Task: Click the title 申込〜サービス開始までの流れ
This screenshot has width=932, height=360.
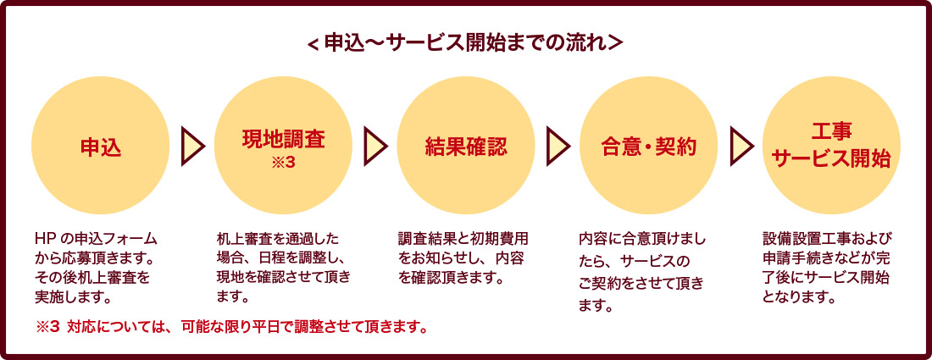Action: [x=465, y=42]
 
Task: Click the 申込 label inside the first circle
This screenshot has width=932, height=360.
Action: [x=100, y=147]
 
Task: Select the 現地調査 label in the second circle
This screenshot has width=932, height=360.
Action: [x=283, y=139]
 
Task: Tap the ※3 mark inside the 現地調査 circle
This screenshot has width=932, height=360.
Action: [x=283, y=162]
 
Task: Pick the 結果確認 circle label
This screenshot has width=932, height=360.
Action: [x=466, y=147]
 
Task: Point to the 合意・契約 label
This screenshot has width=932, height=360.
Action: [x=648, y=147]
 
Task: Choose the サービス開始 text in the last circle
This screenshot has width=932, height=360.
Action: [x=831, y=158]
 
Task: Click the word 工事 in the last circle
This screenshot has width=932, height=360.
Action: [x=831, y=133]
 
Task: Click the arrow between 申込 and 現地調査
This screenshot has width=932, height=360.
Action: [x=192, y=147]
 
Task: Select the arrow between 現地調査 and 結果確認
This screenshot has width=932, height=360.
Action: [x=375, y=147]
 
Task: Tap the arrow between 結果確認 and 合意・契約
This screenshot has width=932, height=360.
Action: [x=558, y=147]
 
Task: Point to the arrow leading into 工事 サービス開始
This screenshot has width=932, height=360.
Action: [x=741, y=147]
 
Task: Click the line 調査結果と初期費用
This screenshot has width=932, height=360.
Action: [x=463, y=238]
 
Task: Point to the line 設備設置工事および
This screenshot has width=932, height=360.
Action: [x=827, y=238]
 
